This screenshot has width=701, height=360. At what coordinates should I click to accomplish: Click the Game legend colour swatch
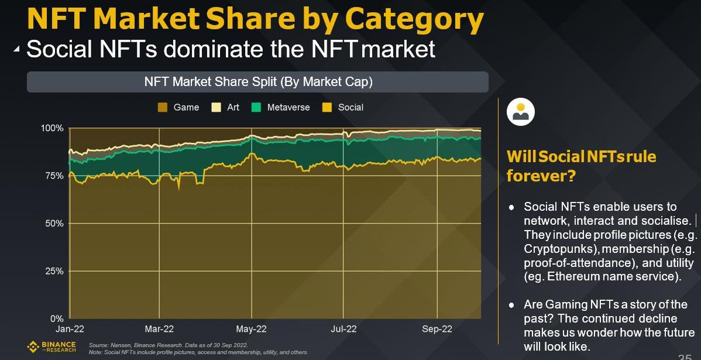163,108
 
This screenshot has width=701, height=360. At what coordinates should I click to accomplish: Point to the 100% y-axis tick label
52,128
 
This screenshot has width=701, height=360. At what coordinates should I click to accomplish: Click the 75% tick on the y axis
54,176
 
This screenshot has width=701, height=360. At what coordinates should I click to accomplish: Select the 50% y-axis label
54,224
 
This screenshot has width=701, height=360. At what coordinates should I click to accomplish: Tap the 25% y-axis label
54,272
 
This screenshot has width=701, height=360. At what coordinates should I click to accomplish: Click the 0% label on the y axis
57,319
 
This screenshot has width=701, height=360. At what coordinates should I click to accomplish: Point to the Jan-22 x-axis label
69,330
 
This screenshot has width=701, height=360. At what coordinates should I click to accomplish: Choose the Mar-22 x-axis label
159,330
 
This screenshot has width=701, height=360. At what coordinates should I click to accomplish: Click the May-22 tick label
252,330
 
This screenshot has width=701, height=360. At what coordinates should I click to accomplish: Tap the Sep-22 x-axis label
437,330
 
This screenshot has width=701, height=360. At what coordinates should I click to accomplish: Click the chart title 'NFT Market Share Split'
258,82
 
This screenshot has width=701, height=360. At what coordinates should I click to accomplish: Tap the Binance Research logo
51,347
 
